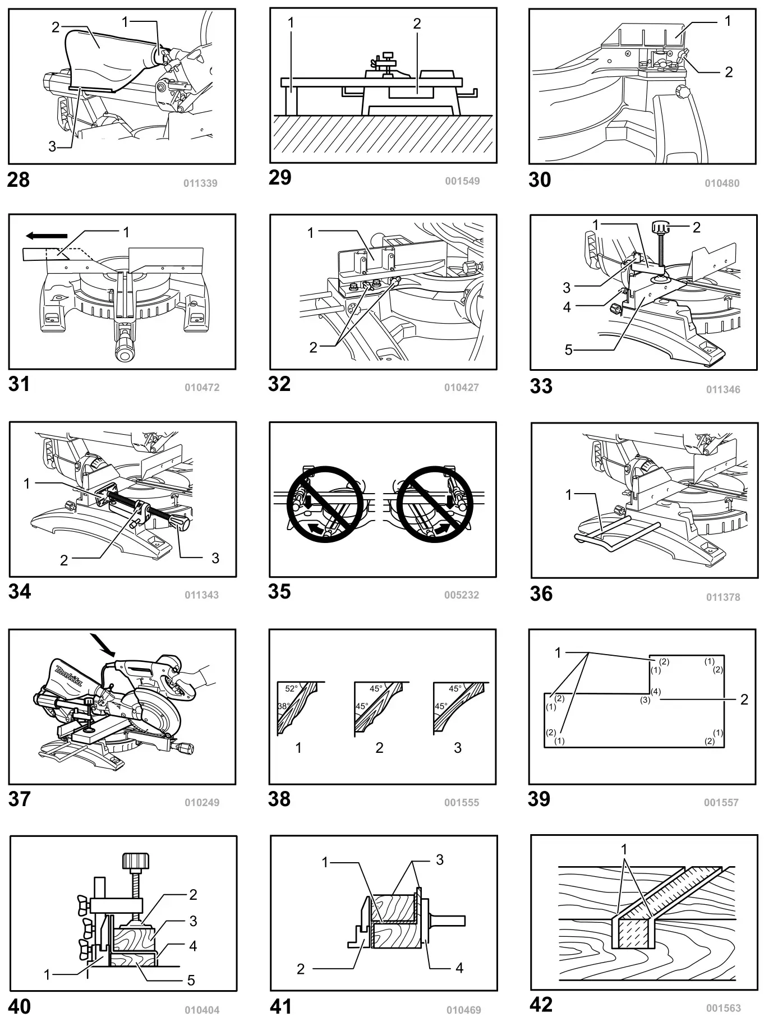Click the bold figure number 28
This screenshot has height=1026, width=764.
pos(18,180)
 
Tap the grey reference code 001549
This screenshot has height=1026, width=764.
pos(462,181)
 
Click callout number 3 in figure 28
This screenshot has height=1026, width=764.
pos(52,146)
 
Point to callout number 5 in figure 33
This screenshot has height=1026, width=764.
pos(568,350)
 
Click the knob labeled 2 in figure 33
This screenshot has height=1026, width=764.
pos(662,228)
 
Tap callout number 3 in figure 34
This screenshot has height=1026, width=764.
pos(215,558)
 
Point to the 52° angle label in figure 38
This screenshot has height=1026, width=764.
pos(291,688)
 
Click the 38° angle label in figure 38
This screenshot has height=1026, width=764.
pos(283,706)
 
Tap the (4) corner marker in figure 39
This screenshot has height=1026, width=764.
pos(656,692)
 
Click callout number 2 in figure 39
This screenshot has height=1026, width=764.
pos(744,699)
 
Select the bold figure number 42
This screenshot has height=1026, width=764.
pos(541,1005)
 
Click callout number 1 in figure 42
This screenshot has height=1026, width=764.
pos(624,849)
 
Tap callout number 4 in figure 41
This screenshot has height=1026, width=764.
pos(459,968)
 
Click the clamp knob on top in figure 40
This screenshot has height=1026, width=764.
pos(136,860)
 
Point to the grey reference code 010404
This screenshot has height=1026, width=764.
pos(202,1010)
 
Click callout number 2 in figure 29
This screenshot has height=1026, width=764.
pos(417,24)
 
